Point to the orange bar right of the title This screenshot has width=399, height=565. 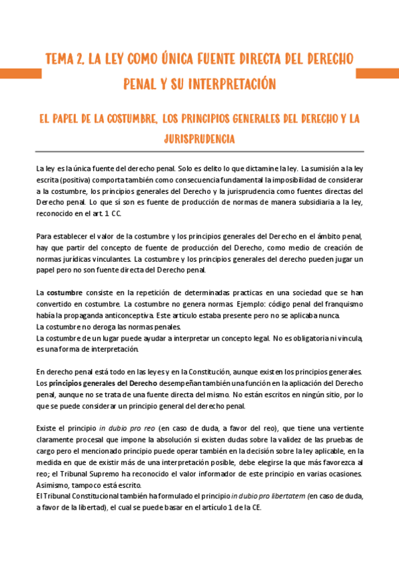pos(378,72)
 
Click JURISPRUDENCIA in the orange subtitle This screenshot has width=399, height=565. pos(199,140)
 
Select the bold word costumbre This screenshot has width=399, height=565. pos(64,292)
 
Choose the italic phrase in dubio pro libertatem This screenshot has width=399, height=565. pos(264,496)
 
